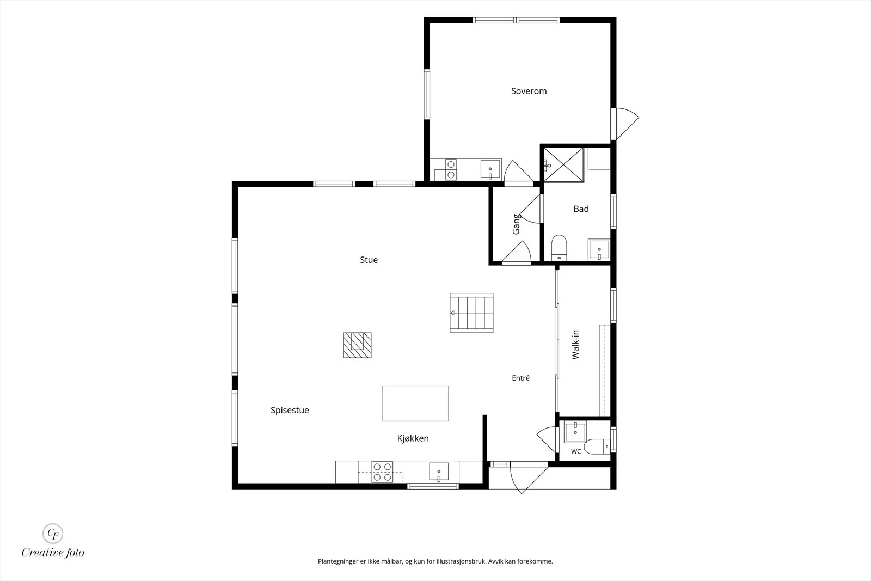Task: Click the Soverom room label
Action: coord(529,91)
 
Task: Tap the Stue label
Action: coord(369,260)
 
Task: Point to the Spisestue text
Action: coord(290,410)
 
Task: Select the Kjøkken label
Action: coord(413,438)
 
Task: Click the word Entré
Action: coord(520,378)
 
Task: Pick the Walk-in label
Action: coord(575,345)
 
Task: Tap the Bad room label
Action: coord(581,209)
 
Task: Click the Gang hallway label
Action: coord(517,224)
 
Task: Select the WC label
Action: coord(576,451)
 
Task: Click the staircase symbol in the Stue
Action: coord(471,313)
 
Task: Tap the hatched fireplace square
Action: coord(357,345)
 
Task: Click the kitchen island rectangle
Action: coord(416,403)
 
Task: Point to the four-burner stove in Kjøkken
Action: coord(382,472)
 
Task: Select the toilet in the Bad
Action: coord(559,248)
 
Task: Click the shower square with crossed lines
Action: coord(564,164)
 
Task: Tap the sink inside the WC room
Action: coord(575,432)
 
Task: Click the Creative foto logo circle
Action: coord(53,534)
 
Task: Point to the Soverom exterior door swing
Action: coord(625,124)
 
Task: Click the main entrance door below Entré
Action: coord(529,478)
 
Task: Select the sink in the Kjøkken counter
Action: coord(439,472)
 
